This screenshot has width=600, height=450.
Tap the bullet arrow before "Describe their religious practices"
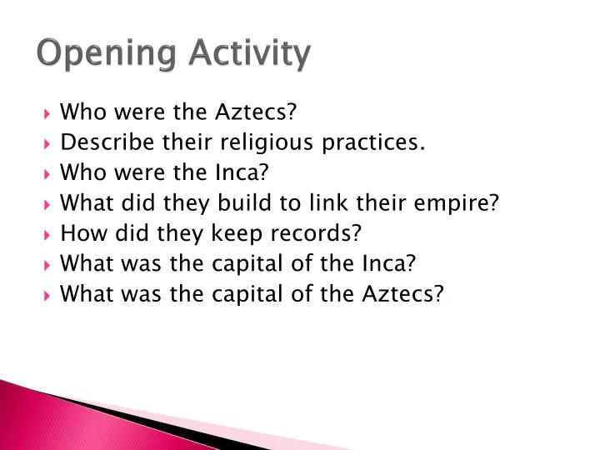click(47, 143)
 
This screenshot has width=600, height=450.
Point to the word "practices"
click(380, 142)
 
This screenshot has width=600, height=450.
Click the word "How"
click(80, 233)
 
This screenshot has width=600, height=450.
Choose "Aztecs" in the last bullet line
click(397, 294)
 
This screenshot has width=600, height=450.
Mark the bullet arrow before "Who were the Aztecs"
click(47, 112)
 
